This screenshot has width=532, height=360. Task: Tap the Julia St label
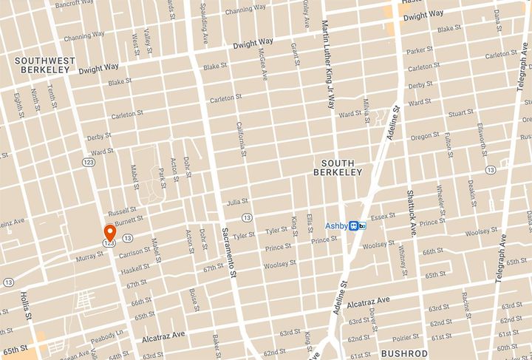(236, 201)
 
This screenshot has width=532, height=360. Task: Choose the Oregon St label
(425, 136)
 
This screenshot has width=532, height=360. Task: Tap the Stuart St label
(460, 112)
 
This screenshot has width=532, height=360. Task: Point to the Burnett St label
(129, 220)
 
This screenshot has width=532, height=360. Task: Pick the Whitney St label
(403, 262)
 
